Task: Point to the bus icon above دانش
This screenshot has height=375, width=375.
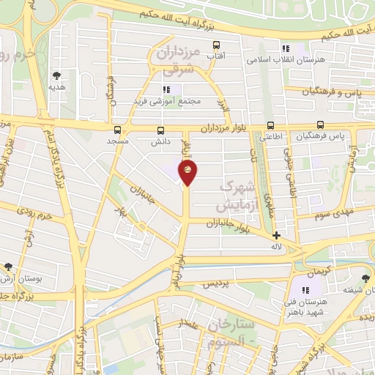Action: [160, 130]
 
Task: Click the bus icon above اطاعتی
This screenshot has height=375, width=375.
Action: [271, 126]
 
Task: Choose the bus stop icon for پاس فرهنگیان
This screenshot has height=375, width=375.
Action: [320, 125]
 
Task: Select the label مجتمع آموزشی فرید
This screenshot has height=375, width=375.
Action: [163, 100]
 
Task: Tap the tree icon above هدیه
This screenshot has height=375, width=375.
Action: [56, 74]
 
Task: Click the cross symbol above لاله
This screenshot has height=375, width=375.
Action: [276, 236]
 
